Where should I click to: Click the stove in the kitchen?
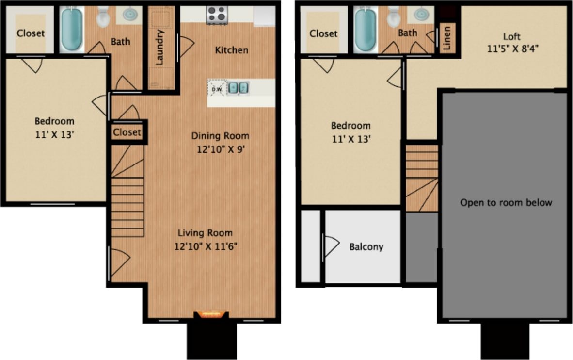tap(217, 15)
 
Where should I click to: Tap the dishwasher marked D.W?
tap(216, 88)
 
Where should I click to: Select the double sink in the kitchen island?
tap(238, 88)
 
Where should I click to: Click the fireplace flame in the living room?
tap(211, 314)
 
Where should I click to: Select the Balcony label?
tap(366, 246)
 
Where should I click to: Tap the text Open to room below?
tap(506, 202)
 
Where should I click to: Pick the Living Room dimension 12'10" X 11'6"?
tap(206, 246)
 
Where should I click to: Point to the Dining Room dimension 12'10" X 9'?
tap(220, 149)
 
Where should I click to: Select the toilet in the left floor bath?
tap(103, 17)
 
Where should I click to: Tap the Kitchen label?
tap(232, 50)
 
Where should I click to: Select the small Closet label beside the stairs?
tap(127, 132)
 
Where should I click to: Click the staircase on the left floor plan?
tap(127, 194)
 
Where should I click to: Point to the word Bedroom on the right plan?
tap(350, 126)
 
